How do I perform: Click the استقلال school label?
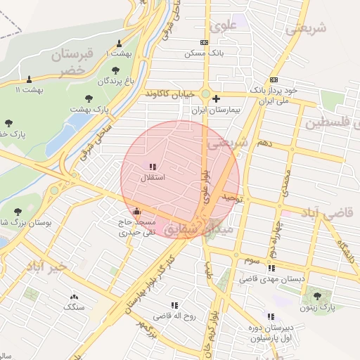click(x=153, y=179)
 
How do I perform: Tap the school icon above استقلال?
click(x=153, y=167)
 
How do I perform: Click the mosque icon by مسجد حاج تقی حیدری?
click(x=136, y=211)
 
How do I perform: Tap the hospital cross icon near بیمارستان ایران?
click(x=216, y=98)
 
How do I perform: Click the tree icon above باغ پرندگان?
click(x=115, y=70)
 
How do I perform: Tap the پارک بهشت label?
click(x=91, y=110)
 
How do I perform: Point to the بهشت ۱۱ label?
click(x=29, y=89)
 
